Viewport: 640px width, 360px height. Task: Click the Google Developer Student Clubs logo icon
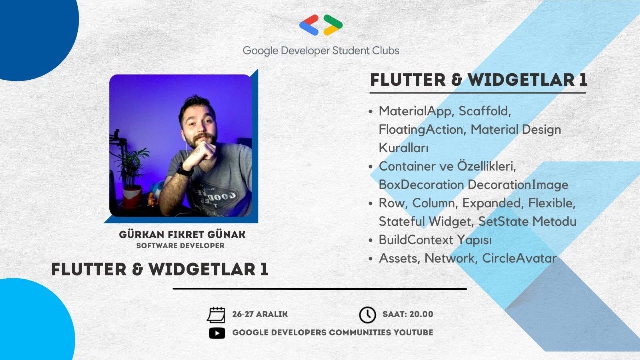point(321,25)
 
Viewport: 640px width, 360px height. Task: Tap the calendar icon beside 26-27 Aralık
point(216,315)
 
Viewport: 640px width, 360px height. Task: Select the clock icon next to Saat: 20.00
point(367,315)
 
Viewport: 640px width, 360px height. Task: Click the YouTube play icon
point(217,333)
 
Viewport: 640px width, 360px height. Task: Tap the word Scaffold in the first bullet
point(484,111)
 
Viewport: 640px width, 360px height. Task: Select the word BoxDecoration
point(421,185)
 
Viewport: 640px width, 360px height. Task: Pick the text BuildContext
point(416,240)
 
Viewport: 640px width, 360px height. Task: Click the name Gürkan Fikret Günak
point(182,235)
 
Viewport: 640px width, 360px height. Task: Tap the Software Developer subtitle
point(180,246)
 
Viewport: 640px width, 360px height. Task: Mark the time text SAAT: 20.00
point(408,315)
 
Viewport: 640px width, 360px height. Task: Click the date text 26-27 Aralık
point(260,315)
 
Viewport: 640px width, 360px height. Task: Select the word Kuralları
point(404,148)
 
